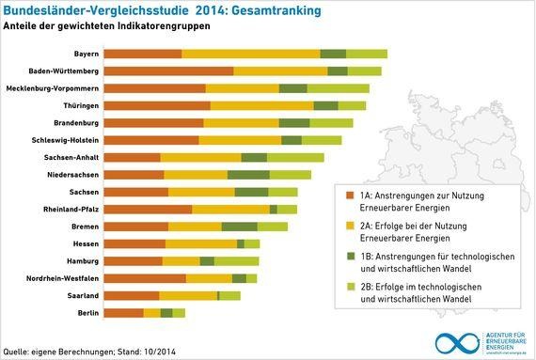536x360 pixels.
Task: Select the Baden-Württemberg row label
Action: (x=64, y=70)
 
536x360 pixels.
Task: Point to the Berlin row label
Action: (x=87, y=312)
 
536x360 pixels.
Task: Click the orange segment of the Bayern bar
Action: (x=142, y=54)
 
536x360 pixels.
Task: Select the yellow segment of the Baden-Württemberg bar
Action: (x=280, y=70)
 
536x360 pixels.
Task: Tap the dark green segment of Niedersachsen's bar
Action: (x=248, y=174)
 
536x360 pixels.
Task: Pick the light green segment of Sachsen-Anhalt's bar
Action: (x=295, y=157)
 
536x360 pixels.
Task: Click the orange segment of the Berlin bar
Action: (x=123, y=312)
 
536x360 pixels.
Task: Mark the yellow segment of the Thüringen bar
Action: (x=261, y=105)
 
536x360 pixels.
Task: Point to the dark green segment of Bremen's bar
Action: (x=239, y=227)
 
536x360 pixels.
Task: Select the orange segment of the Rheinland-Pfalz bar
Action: (x=147, y=209)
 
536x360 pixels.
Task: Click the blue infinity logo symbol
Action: (x=454, y=342)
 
